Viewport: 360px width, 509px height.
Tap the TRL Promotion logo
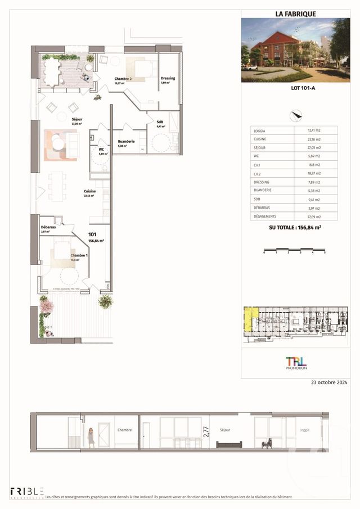(296, 362)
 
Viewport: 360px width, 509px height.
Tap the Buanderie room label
(125, 142)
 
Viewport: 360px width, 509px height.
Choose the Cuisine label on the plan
(90, 191)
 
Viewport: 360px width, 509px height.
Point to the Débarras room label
(48, 227)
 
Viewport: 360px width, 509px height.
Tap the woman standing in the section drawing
(90, 436)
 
